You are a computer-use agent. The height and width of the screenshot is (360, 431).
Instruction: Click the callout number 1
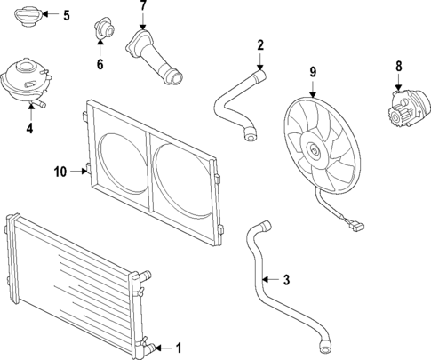pyautogui.click(x=179, y=348)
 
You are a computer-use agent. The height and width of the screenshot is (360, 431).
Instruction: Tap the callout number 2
pyautogui.click(x=260, y=44)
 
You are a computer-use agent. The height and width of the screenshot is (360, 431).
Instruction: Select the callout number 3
pyautogui.click(x=286, y=280)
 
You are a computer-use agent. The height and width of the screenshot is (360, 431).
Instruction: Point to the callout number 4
pyautogui.click(x=29, y=128)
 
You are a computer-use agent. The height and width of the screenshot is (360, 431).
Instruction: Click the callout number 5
pyautogui.click(x=66, y=15)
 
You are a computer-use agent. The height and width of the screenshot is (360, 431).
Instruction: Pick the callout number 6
pyautogui.click(x=100, y=64)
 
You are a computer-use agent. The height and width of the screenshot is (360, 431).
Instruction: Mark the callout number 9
pyautogui.click(x=313, y=71)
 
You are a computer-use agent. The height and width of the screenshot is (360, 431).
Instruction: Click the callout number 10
pyautogui.click(x=60, y=171)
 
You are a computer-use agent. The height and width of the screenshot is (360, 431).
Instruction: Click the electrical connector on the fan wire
pyautogui.click(x=356, y=225)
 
